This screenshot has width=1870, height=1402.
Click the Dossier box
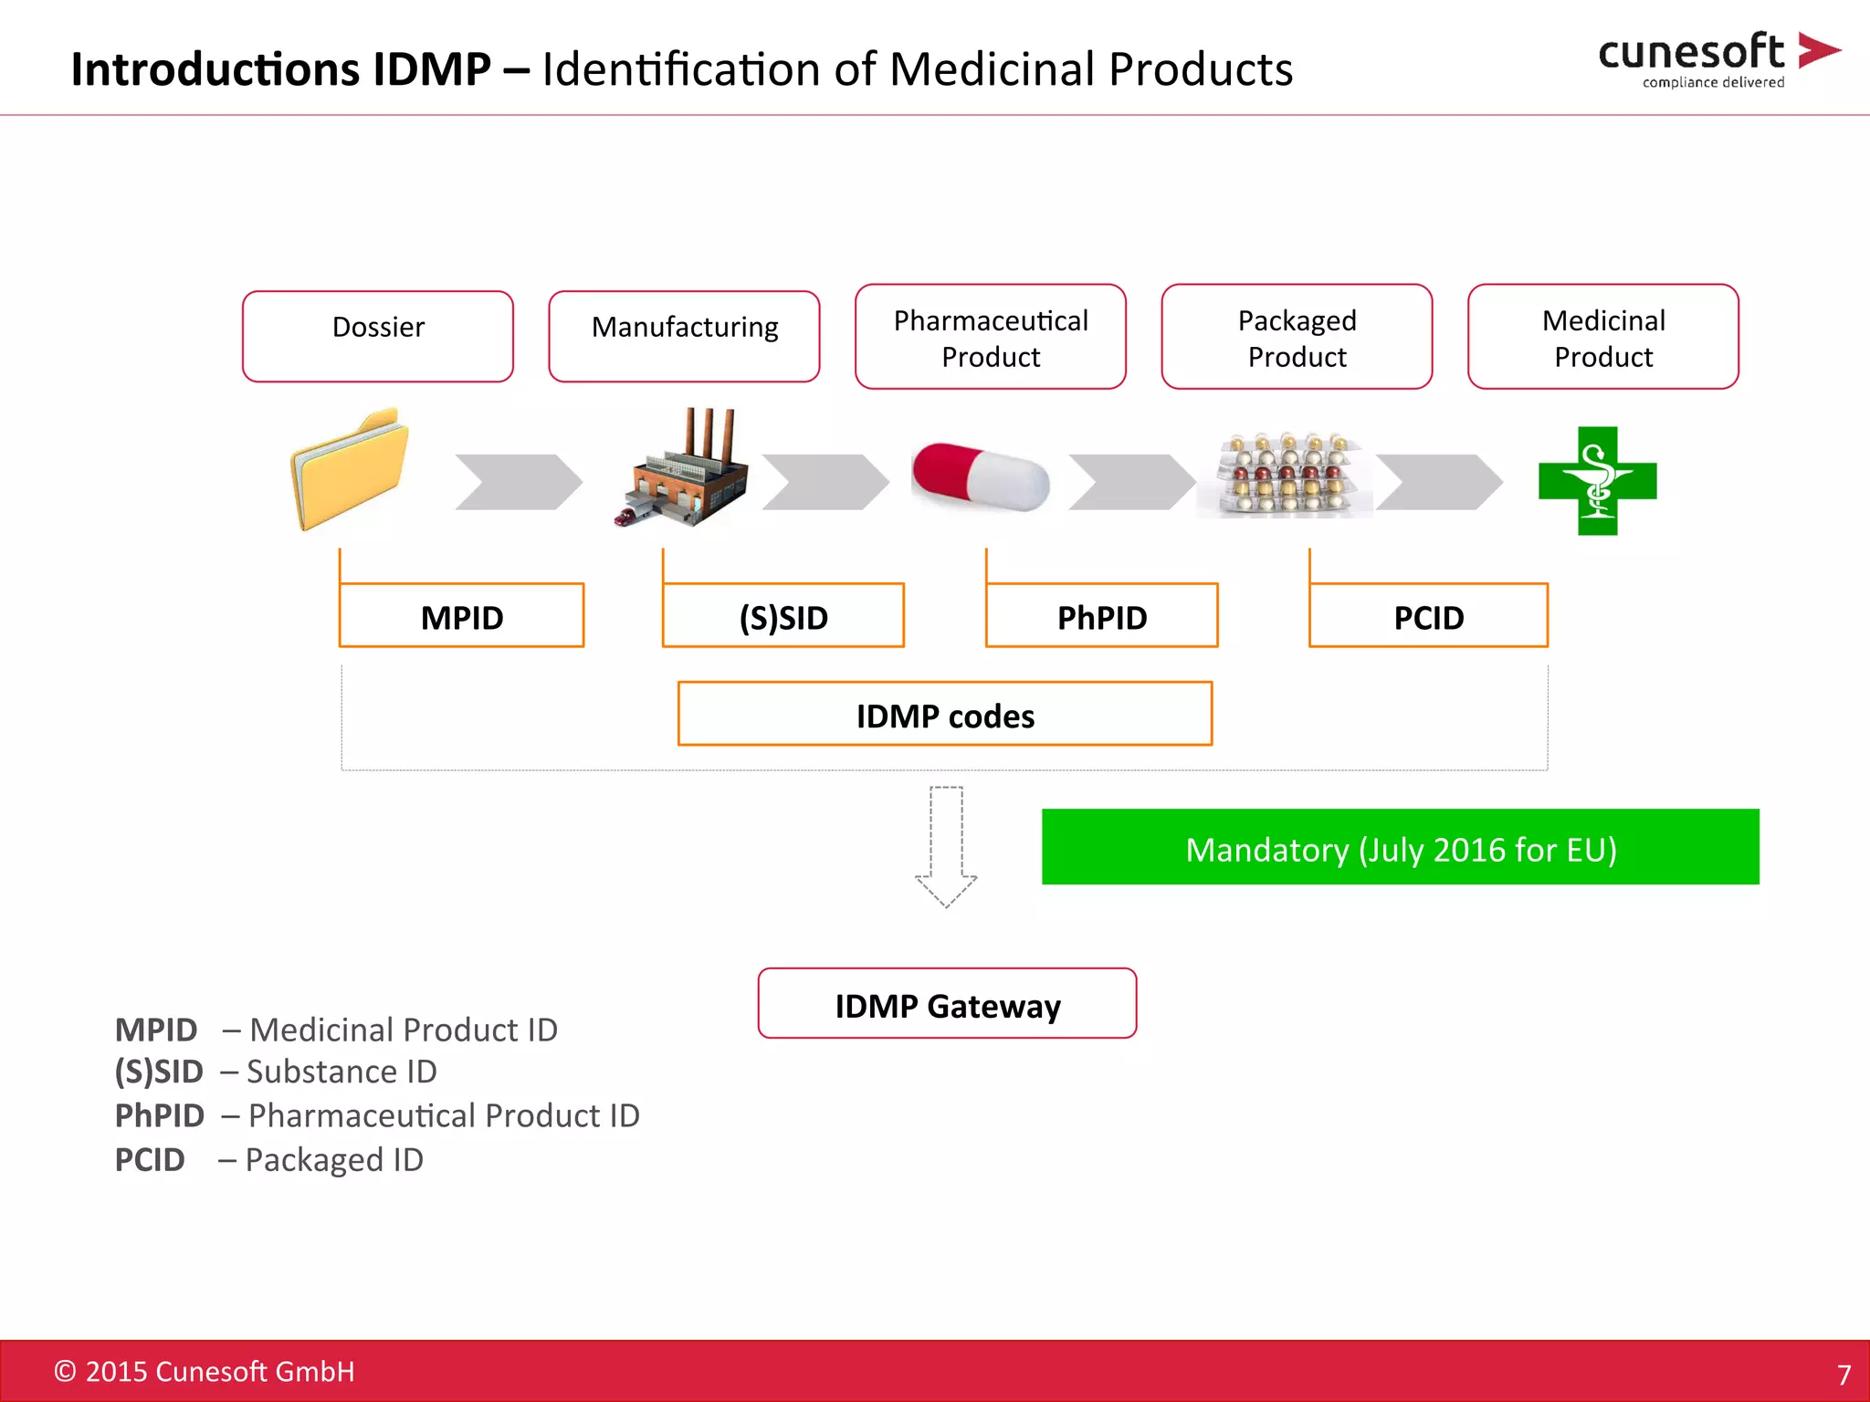pyautogui.click(x=377, y=336)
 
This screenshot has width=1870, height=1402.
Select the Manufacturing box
pyautogui.click(x=684, y=336)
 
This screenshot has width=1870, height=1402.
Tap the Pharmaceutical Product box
pyautogui.click(x=990, y=337)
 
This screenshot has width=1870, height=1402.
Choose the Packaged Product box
pyautogui.click(x=1297, y=337)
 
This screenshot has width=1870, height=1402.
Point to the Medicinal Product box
pyautogui.click(x=1602, y=337)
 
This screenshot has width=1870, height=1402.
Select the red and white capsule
pyautogui.click(x=981, y=476)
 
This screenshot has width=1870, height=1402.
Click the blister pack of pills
pyautogui.click(x=1285, y=476)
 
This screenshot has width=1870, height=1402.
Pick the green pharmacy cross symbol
pyautogui.click(x=1597, y=480)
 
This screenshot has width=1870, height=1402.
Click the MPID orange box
pyautogui.click(x=461, y=616)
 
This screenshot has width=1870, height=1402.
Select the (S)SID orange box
pyautogui.click(x=783, y=616)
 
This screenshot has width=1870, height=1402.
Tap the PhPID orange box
pyautogui.click(x=1101, y=616)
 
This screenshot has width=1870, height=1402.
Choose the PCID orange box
pyautogui.click(x=1428, y=616)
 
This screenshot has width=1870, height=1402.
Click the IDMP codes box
pyautogui.click(x=945, y=714)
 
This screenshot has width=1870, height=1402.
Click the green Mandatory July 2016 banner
pyautogui.click(x=1400, y=847)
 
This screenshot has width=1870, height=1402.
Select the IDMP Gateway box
pyautogui.click(x=947, y=1003)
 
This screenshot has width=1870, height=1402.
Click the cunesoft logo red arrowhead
pyautogui.click(x=1816, y=50)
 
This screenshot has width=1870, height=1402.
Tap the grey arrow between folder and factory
pyautogui.click(x=517, y=481)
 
